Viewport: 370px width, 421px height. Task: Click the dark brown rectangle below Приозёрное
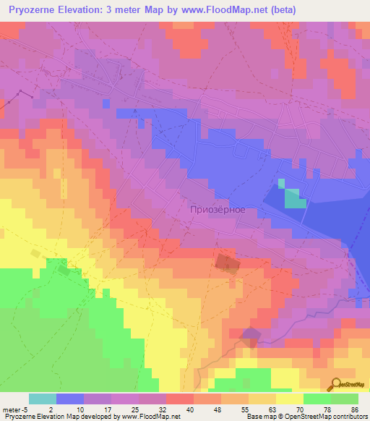(227, 263)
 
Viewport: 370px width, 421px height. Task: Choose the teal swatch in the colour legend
(43, 399)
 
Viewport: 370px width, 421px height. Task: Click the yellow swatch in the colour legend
(290, 399)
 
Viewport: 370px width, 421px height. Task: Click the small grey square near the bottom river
(251, 336)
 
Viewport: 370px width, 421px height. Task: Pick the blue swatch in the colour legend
(70, 399)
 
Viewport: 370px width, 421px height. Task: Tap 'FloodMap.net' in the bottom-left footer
(156, 417)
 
